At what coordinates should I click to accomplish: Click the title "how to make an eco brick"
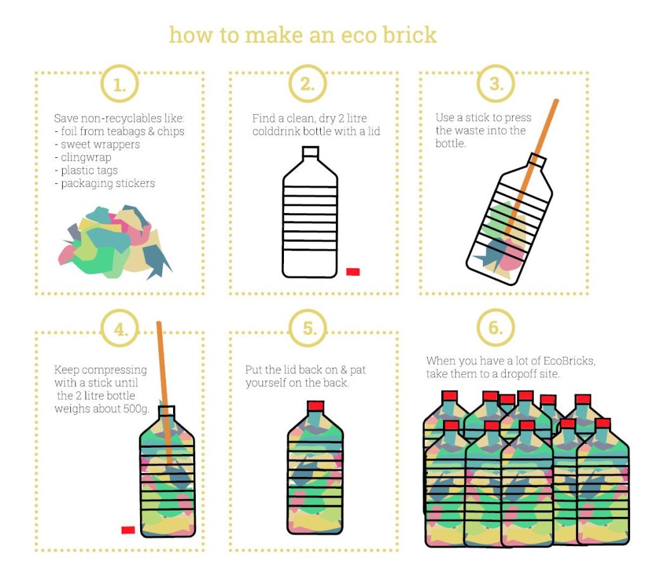302,34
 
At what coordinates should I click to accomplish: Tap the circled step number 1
119,84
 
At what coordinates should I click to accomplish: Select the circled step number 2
307,84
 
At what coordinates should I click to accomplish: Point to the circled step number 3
496,84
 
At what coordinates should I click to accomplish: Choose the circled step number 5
307,328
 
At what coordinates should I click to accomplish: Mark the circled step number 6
496,328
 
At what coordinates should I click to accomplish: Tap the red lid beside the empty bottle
353,272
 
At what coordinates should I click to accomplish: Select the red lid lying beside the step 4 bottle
128,529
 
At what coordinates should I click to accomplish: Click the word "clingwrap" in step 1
86,157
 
